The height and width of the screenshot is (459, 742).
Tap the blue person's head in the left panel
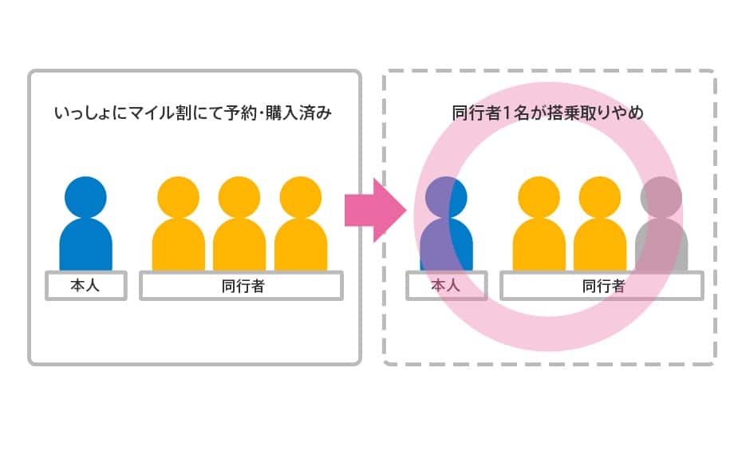point(85,196)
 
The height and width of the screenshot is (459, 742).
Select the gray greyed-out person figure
point(661,228)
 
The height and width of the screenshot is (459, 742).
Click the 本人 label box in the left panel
point(85,286)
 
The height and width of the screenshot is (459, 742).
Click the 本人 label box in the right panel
point(446,286)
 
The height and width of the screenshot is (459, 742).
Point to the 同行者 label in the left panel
point(242,286)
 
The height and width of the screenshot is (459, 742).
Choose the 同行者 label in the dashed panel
point(602,286)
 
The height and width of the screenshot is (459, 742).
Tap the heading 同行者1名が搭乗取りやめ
point(547,114)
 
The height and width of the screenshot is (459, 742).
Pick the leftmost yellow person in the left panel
point(178,228)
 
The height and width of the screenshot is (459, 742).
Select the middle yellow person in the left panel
point(239,228)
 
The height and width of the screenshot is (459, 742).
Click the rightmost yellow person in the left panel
point(301,228)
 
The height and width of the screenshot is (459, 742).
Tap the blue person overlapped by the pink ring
point(446,228)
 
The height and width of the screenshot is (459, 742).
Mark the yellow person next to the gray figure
point(600,228)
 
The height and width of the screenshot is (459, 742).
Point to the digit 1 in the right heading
point(519,114)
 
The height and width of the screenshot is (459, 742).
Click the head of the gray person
point(661,196)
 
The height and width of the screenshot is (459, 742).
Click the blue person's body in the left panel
point(85,243)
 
